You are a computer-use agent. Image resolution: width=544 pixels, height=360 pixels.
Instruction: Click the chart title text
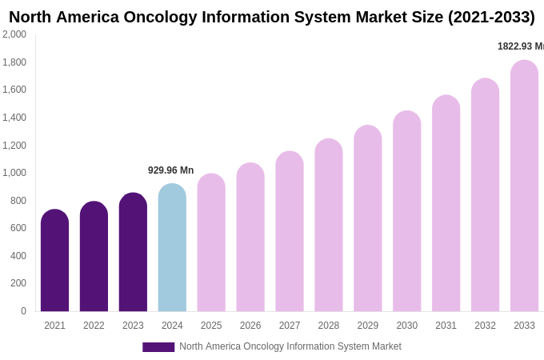(272, 17)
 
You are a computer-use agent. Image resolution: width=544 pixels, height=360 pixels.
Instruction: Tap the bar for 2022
(94, 257)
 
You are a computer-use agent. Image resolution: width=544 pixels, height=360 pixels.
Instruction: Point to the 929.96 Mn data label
(170, 170)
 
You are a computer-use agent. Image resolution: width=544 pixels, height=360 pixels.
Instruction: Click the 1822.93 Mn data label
(521, 46)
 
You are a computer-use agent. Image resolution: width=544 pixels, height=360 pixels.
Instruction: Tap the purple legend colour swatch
(158, 347)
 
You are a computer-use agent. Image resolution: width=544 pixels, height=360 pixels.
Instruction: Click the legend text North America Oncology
(290, 346)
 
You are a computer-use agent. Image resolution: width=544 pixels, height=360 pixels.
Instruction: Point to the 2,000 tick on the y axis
(14, 34)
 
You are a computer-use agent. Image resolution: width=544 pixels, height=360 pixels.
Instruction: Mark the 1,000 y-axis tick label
(14, 173)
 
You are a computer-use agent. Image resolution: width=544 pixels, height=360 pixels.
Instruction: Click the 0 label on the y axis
(23, 311)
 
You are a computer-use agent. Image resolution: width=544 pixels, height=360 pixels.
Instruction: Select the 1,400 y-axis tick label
(14, 118)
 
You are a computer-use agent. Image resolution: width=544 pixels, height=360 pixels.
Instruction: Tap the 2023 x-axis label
(133, 326)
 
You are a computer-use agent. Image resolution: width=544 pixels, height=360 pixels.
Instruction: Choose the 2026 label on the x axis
(250, 326)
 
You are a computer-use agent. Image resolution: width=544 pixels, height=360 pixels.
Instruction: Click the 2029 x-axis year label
(368, 326)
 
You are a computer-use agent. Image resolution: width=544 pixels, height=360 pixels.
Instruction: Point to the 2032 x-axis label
(485, 326)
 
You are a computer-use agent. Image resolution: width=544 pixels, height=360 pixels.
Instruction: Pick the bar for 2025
(211, 243)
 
